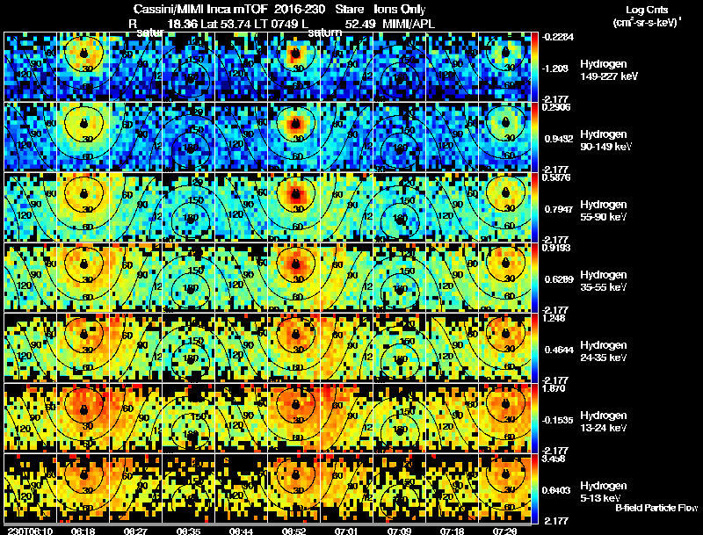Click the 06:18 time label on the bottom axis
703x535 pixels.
(83, 531)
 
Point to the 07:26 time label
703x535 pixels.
(504, 531)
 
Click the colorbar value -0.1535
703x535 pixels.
(560, 419)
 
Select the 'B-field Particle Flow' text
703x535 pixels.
(656, 508)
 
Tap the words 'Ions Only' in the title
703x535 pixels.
(400, 9)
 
